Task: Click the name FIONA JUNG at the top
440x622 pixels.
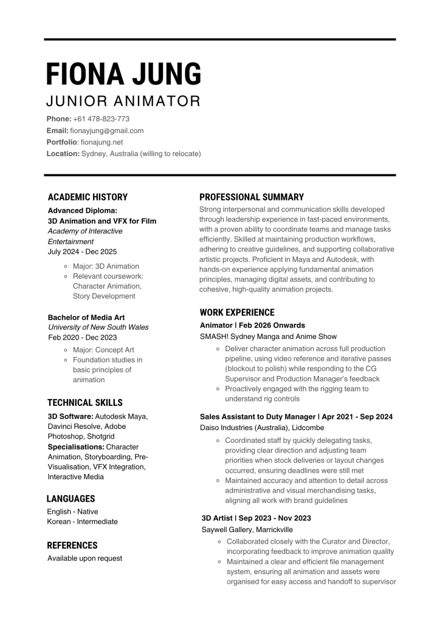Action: pyautogui.click(x=124, y=74)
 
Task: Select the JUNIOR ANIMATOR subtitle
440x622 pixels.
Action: pyautogui.click(x=123, y=101)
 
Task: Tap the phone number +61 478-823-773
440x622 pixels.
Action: pyautogui.click(x=101, y=119)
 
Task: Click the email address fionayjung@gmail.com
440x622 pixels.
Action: pyautogui.click(x=107, y=131)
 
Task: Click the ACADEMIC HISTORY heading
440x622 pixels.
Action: pyautogui.click(x=88, y=197)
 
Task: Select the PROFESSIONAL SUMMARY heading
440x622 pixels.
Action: pyautogui.click(x=252, y=197)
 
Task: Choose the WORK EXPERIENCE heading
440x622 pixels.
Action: pyautogui.click(x=237, y=312)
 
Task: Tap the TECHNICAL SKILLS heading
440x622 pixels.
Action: pyautogui.click(x=85, y=403)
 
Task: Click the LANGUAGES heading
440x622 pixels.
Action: pyautogui.click(x=70, y=499)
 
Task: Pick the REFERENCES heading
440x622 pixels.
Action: pyautogui.click(x=72, y=545)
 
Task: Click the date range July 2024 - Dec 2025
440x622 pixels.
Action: pyautogui.click(x=83, y=251)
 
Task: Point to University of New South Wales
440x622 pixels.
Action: pyautogui.click(x=98, y=327)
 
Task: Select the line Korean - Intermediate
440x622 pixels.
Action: pyautogui.click(x=83, y=522)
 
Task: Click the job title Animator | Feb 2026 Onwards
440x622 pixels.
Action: pyautogui.click(x=253, y=326)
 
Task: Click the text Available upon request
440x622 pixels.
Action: pyautogui.click(x=85, y=558)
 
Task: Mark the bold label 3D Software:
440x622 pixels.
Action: pyautogui.click(x=70, y=416)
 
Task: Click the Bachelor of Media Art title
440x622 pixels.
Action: pyautogui.click(x=86, y=317)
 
